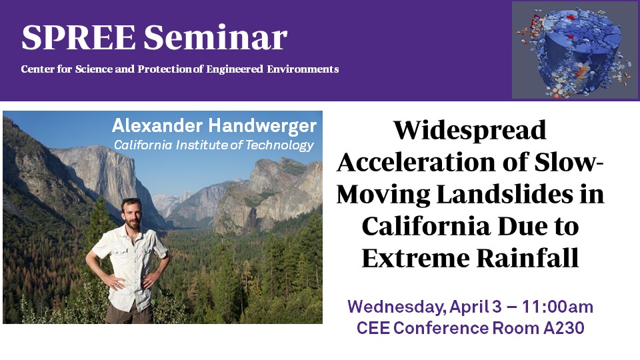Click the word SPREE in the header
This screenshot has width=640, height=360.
coord(79,37)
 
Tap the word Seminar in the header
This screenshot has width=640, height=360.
coord(215,37)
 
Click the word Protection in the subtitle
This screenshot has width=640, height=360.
coord(164,69)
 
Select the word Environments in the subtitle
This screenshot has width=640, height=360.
coord(303,69)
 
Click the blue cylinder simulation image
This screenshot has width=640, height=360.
coord(575,50)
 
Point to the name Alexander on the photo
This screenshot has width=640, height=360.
coord(157,126)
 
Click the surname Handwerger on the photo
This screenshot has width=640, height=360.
coord(263,127)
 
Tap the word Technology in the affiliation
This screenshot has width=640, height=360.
coord(279,145)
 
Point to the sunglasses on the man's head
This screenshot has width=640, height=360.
coord(131,201)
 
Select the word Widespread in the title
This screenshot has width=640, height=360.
coord(470,131)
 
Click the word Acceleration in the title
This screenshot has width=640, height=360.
coord(417,163)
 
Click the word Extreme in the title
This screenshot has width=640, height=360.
coord(415,259)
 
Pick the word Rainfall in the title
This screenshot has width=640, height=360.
coord(528,259)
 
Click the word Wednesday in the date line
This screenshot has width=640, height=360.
coord(396,307)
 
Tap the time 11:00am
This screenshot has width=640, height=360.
coord(557,307)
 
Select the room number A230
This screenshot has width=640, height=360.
coord(564,328)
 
